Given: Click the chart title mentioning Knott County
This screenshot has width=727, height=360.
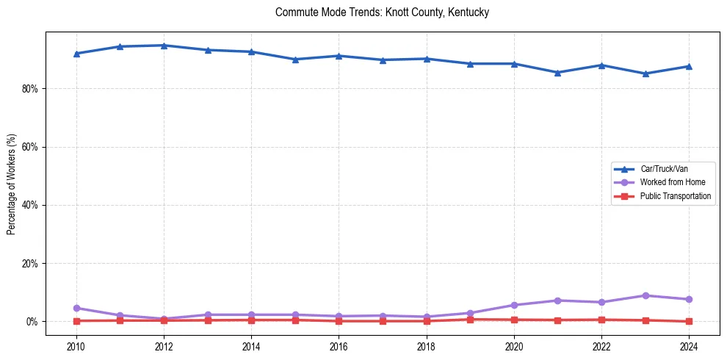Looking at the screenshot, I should [382, 12].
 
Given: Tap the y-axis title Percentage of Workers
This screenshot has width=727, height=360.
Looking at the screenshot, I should [11, 184].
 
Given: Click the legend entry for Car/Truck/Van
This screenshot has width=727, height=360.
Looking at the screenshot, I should [663, 169].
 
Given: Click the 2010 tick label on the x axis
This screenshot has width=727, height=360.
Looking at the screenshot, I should [76, 346].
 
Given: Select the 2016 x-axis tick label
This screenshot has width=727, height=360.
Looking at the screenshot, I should [339, 346].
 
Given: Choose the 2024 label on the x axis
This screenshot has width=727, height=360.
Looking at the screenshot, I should [689, 346].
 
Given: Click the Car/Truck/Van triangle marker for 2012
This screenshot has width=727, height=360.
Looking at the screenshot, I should [164, 46].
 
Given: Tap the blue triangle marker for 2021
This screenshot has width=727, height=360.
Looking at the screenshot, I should [557, 73].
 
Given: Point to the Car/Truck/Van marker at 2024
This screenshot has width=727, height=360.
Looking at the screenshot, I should [689, 66].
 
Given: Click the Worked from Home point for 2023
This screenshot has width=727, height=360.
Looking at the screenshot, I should [645, 295].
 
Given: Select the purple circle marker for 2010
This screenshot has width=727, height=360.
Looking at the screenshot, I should [76, 308].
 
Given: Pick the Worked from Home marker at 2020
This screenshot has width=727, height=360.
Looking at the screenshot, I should [514, 305].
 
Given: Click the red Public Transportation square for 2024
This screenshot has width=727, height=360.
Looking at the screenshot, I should [689, 321].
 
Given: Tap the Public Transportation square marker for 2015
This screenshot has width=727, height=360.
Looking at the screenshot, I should [295, 320].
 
